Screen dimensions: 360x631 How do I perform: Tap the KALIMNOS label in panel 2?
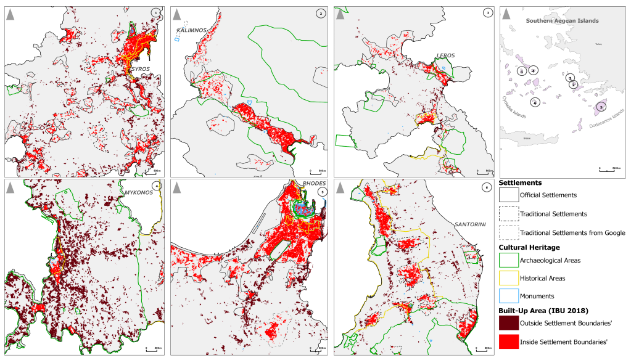click(191, 30)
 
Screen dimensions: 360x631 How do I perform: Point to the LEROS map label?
click(445, 55)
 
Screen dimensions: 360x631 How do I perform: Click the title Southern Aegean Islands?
click(561, 21)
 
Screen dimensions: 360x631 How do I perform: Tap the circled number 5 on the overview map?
click(601, 107)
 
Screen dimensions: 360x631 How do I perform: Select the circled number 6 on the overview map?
click(535, 102)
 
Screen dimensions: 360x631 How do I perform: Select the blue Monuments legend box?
click(508, 297)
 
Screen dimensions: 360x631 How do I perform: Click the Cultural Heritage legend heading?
click(529, 247)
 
